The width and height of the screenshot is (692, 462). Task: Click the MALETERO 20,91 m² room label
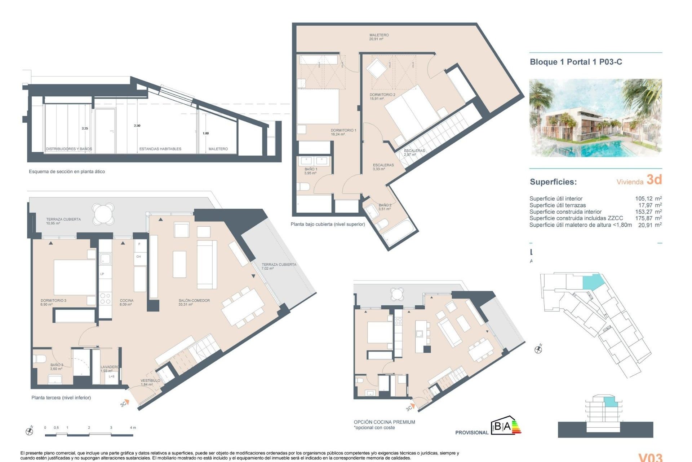pyautogui.click(x=378, y=37)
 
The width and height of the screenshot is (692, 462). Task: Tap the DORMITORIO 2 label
pyautogui.click(x=382, y=96)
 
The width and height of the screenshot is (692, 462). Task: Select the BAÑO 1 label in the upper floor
pyautogui.click(x=310, y=171)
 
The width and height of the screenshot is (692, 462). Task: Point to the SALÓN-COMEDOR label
pyautogui.click(x=194, y=302)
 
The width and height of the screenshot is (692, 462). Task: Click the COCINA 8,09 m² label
pyautogui.click(x=127, y=302)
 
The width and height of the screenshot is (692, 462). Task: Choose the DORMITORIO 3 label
pyautogui.click(x=53, y=302)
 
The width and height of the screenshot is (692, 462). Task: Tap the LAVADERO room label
pyautogui.click(x=109, y=369)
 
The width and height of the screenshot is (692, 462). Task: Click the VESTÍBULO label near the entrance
pyautogui.click(x=150, y=382)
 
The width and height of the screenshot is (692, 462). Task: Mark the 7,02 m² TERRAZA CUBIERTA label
pyautogui.click(x=279, y=266)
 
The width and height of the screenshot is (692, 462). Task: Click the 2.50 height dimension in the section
pyautogui.click(x=137, y=126)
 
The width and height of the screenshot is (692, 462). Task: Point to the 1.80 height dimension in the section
pyautogui.click(x=205, y=133)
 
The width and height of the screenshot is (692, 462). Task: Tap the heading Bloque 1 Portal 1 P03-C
pyautogui.click(x=576, y=62)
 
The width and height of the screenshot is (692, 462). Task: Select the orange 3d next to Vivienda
pyautogui.click(x=654, y=179)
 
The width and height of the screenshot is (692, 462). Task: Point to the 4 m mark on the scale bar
pyautogui.click(x=133, y=428)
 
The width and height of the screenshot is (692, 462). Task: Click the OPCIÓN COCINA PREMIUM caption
pyautogui.click(x=384, y=422)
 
